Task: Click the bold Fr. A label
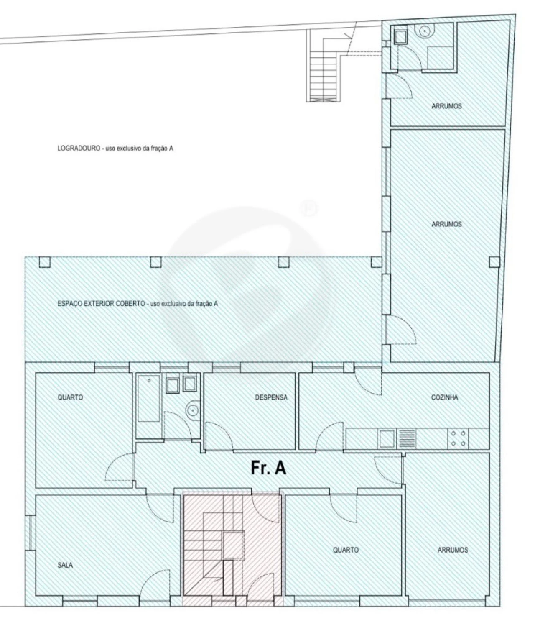[x=268, y=468]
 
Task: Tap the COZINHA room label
[x=444, y=397]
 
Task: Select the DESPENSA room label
[x=271, y=397]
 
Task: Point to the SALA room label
[x=65, y=565]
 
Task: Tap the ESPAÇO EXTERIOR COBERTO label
[x=101, y=304]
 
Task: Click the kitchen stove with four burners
[x=458, y=438]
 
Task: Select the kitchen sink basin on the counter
[x=387, y=438]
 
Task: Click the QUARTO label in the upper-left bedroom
[x=70, y=397]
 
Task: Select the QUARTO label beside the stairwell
[x=346, y=550]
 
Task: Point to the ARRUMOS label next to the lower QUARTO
[x=453, y=550]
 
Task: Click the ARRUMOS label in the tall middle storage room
[x=446, y=224]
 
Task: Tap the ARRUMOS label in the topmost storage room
[x=446, y=106]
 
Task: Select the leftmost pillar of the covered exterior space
[x=44, y=262]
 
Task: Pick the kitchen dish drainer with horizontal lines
[x=407, y=438]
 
